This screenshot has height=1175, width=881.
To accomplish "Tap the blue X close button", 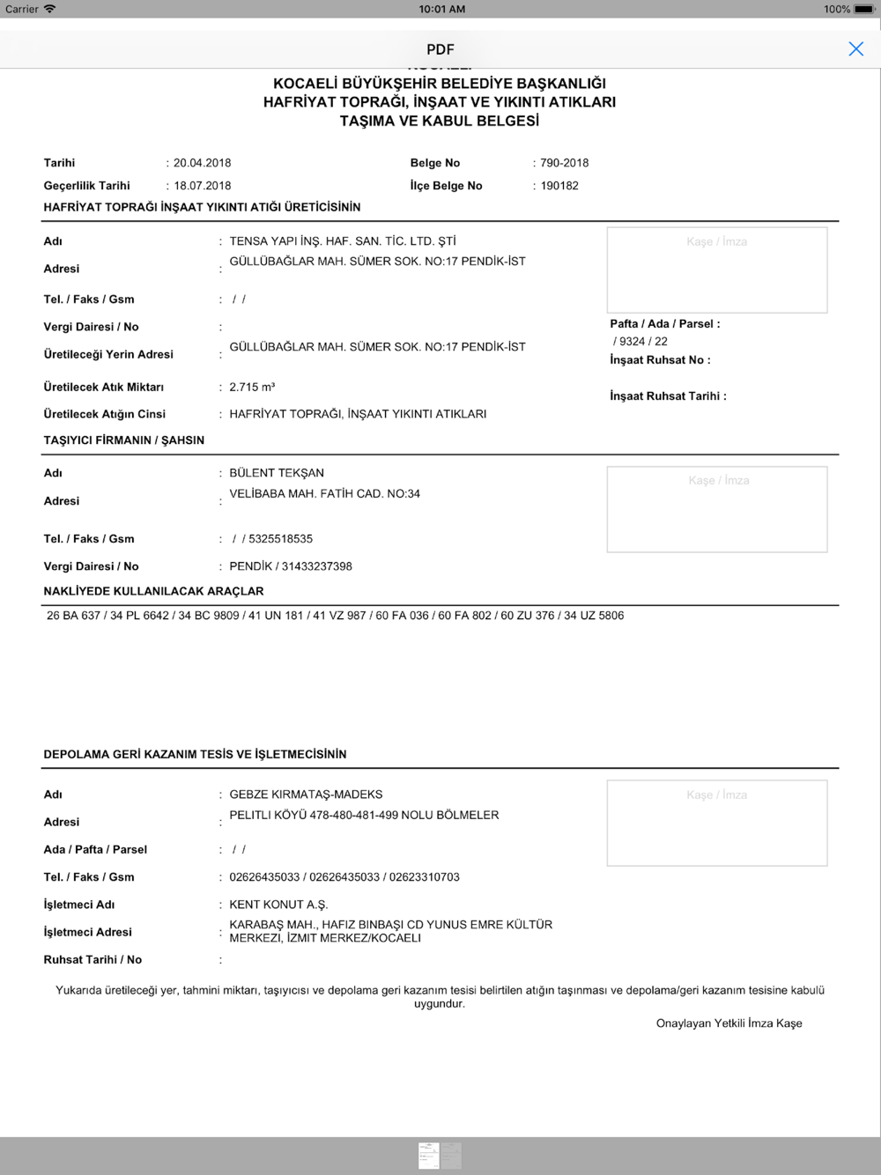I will pyautogui.click(x=855, y=49).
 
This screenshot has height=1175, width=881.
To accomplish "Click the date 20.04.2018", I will pyautogui.click(x=202, y=163).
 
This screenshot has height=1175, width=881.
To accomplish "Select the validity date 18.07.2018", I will pyautogui.click(x=202, y=186).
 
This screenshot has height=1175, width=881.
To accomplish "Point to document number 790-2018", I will pyautogui.click(x=564, y=163).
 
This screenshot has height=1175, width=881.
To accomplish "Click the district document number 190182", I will pyautogui.click(x=559, y=186).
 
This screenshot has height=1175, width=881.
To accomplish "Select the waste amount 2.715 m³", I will pyautogui.click(x=252, y=388).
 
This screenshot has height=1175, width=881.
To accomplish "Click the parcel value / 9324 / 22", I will pyautogui.click(x=640, y=342).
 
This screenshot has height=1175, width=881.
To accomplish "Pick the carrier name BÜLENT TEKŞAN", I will pyautogui.click(x=277, y=473).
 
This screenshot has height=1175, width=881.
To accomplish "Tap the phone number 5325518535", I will pyautogui.click(x=280, y=539).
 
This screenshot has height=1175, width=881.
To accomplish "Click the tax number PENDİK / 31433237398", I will pyautogui.click(x=291, y=566).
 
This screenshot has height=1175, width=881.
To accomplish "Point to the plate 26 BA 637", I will pyautogui.click(x=73, y=616).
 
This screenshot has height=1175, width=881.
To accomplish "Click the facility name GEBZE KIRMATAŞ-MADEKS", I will pyautogui.click(x=306, y=794).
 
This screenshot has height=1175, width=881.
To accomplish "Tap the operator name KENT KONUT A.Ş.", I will pyautogui.click(x=278, y=905).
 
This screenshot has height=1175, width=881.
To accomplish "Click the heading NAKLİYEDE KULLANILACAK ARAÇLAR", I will pyautogui.click(x=153, y=591).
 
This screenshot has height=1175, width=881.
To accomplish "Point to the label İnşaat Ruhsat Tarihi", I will pyautogui.click(x=668, y=396).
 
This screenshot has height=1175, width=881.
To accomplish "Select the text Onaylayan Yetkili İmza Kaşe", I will pyautogui.click(x=729, y=1024).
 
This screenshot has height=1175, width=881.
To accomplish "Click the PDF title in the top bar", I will pyautogui.click(x=440, y=49).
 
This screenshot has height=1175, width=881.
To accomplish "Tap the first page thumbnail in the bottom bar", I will pyautogui.click(x=429, y=1155).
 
